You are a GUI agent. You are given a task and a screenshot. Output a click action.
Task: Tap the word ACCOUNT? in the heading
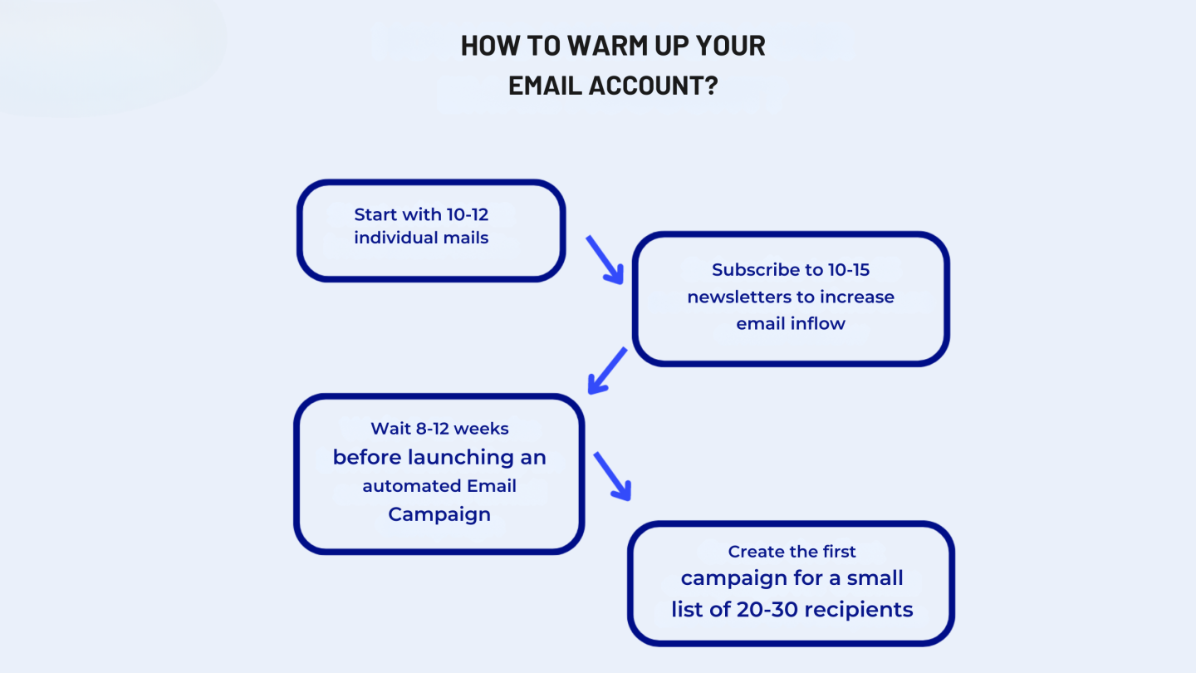pyautogui.click(x=653, y=86)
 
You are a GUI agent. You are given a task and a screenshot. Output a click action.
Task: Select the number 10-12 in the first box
pyautogui.click(x=467, y=214)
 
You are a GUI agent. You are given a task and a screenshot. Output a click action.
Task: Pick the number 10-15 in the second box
pyautogui.click(x=849, y=270)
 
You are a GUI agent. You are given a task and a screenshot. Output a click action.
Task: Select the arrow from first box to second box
pyautogui.click(x=605, y=259)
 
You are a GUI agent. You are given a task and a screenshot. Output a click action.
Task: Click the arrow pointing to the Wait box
pyautogui.click(x=606, y=371)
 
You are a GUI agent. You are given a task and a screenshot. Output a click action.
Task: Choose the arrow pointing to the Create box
pyautogui.click(x=612, y=476)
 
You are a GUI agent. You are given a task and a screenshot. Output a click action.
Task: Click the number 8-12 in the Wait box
pyautogui.click(x=433, y=429)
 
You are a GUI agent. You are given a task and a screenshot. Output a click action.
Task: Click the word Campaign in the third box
pyautogui.click(x=439, y=514)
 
